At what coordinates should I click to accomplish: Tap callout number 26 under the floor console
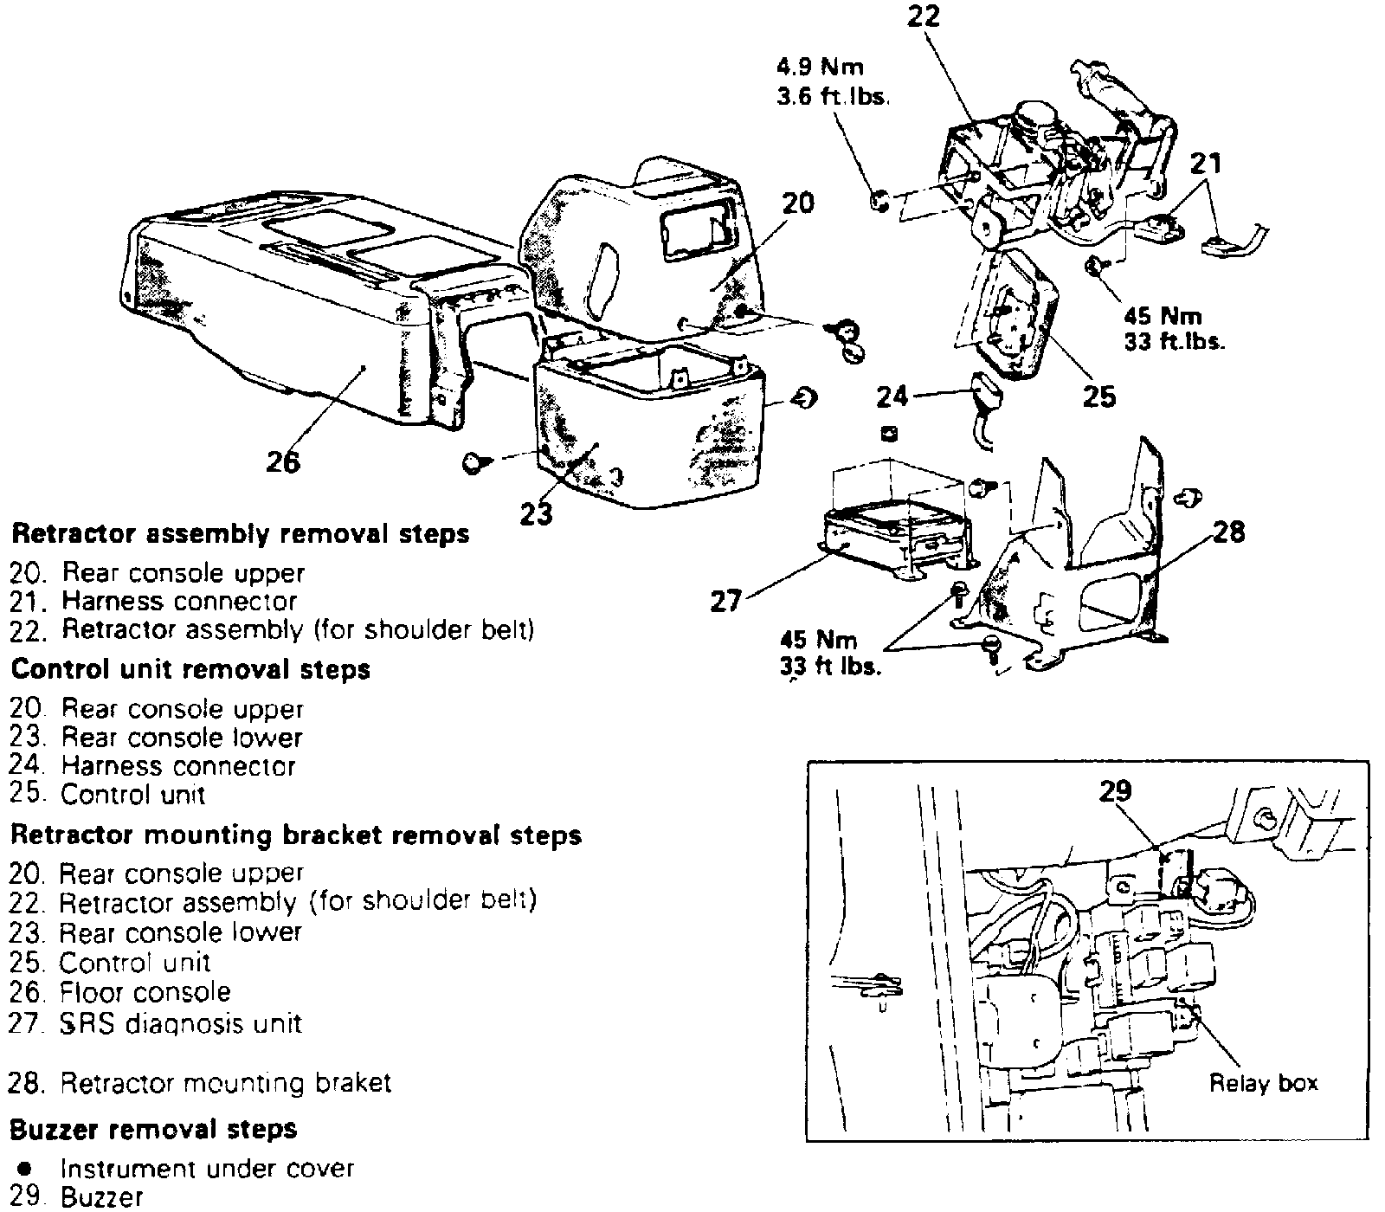[x=283, y=461]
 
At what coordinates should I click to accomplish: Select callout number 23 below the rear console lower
[x=537, y=514]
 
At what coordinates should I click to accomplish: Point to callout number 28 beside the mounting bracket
[x=1229, y=532]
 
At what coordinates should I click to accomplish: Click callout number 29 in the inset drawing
[x=1115, y=791]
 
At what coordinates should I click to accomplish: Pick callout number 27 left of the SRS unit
[x=725, y=600]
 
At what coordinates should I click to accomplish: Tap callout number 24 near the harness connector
[x=892, y=396]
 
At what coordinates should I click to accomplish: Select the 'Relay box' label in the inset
[x=1263, y=1082]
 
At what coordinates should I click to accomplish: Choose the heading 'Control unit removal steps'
[x=190, y=669]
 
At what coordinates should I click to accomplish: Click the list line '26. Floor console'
[x=120, y=992]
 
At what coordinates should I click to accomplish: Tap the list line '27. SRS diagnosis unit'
[x=156, y=1023]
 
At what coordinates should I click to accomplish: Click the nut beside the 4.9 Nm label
[x=879, y=202]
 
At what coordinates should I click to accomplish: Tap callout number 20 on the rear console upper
[x=797, y=204]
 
